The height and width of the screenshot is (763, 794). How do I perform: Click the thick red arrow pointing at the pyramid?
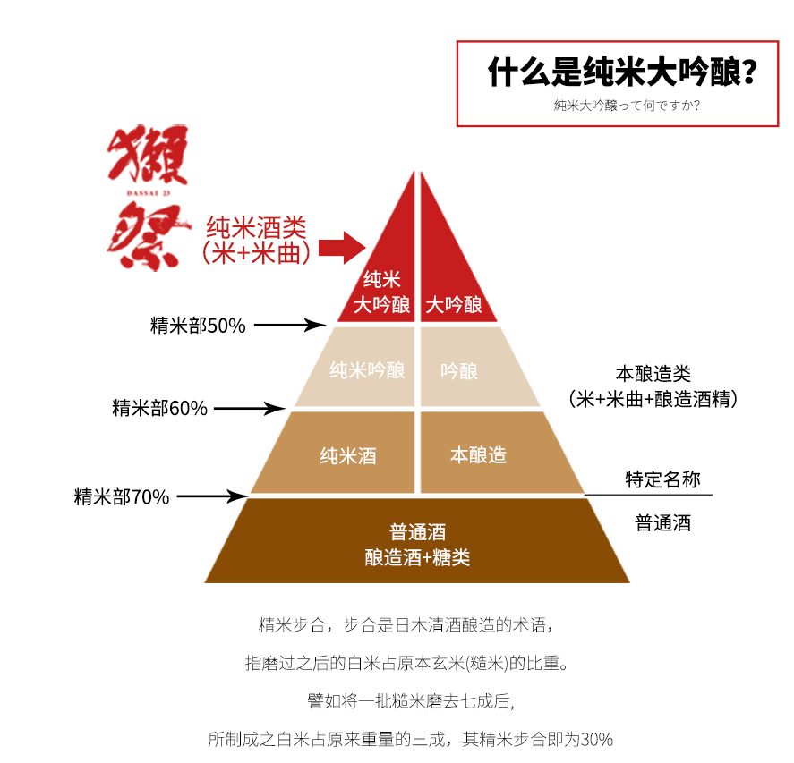point(342,248)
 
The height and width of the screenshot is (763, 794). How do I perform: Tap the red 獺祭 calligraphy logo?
point(149,198)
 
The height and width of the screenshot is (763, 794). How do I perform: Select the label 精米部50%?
point(198,326)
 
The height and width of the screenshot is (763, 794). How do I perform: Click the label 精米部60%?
point(159,408)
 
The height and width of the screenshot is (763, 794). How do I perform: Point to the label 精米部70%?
point(122,496)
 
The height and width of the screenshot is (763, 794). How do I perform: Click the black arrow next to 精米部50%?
point(290,325)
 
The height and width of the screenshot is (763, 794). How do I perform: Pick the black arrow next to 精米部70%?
point(213,496)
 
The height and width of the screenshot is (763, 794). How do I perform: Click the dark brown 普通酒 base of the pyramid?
point(417,541)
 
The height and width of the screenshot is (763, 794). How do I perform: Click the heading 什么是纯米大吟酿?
point(622,72)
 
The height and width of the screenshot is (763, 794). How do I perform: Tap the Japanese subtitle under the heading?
point(627,106)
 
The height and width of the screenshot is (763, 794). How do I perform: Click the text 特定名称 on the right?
point(662,479)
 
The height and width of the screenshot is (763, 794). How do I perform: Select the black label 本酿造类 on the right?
point(653,374)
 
